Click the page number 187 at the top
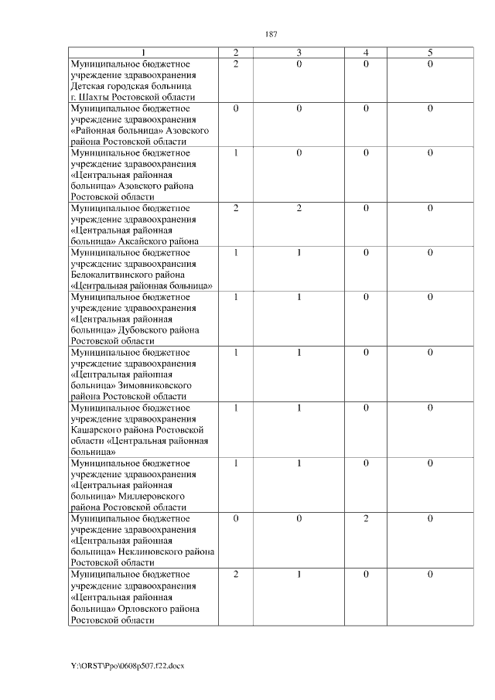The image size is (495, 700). (271, 34)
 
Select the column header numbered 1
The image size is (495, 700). (142, 53)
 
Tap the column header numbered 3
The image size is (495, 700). (299, 53)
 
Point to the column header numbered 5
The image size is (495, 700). (430, 53)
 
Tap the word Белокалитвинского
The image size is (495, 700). (110, 275)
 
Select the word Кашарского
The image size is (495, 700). (94, 429)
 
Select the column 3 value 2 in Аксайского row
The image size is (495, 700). (299, 209)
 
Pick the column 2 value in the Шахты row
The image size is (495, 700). (235, 64)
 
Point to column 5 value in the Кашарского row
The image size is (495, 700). (430, 408)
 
